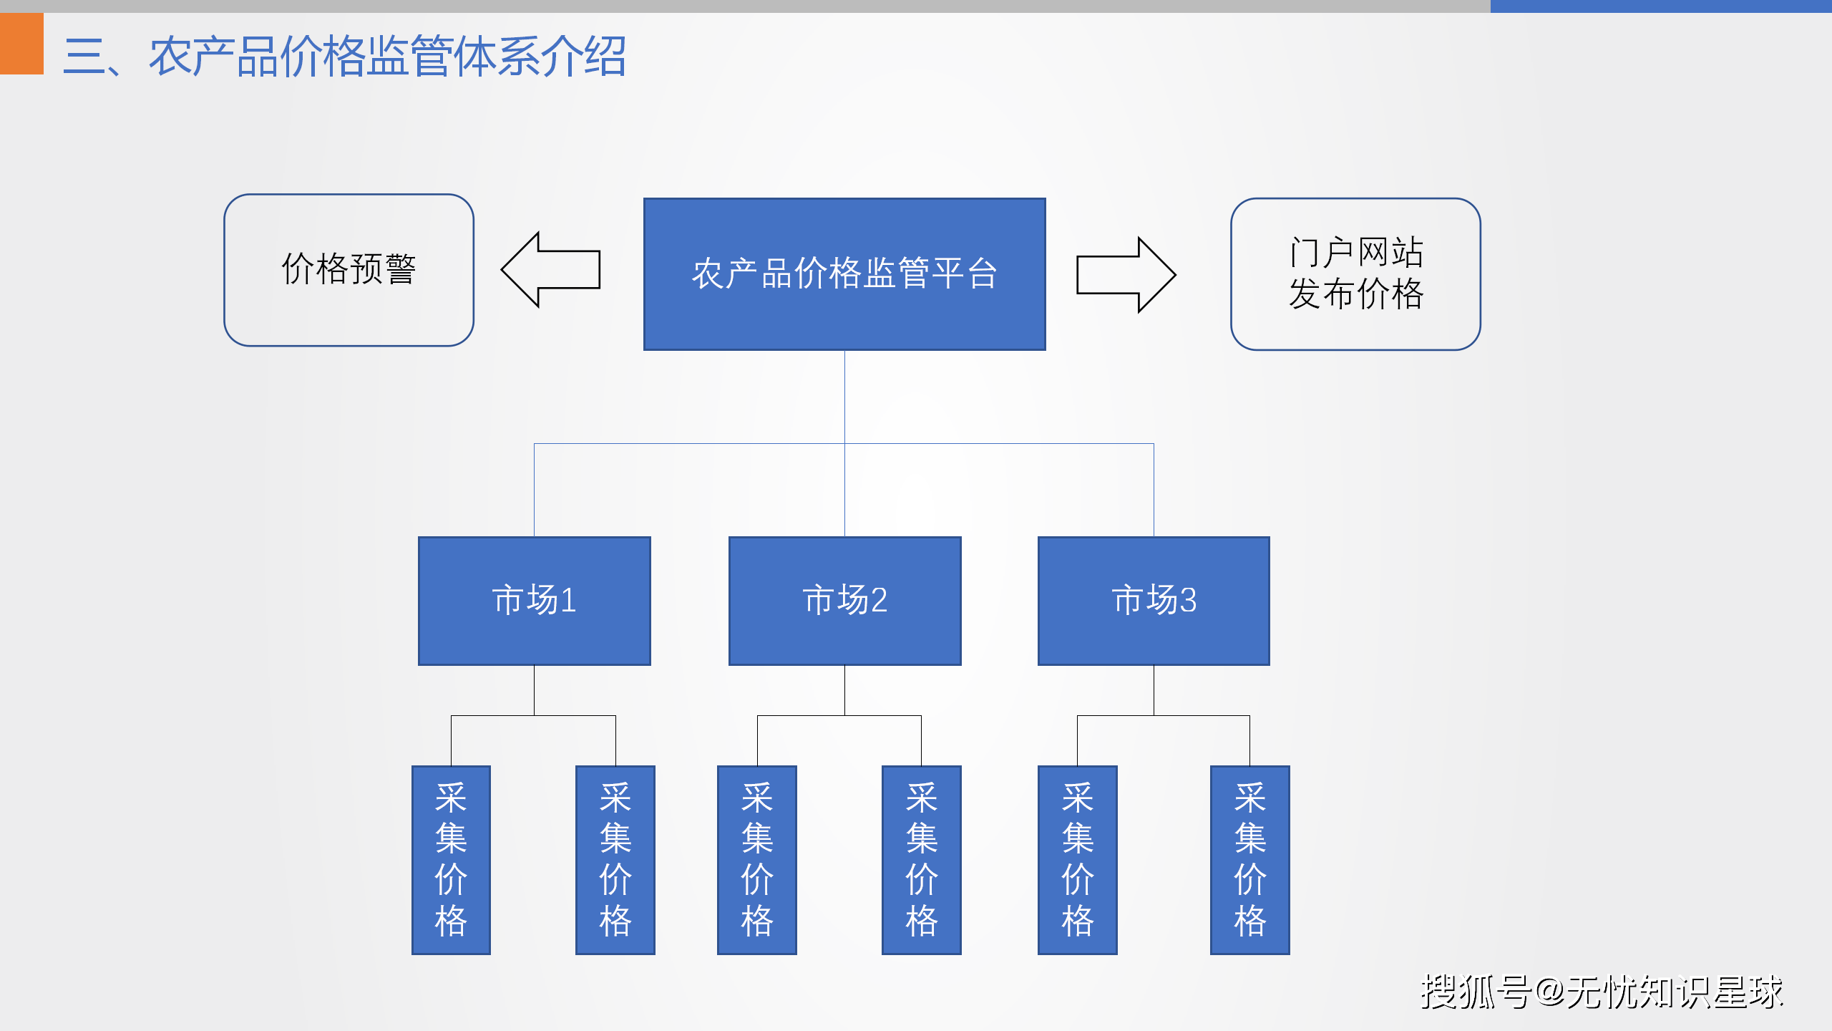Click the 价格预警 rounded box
click(x=349, y=270)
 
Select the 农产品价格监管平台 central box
click(x=844, y=274)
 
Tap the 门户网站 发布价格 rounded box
click(x=1355, y=274)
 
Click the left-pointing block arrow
click(x=551, y=269)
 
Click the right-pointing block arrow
click(x=1126, y=275)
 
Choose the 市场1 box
click(x=535, y=601)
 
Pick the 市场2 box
click(x=844, y=601)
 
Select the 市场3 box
click(x=1154, y=601)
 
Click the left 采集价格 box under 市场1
click(x=451, y=860)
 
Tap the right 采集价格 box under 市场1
click(x=615, y=860)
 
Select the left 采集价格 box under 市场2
click(x=757, y=860)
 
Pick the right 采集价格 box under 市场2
click(x=922, y=860)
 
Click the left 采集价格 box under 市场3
click(x=1078, y=860)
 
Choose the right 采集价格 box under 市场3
click(x=1250, y=860)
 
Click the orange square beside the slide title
click(x=21, y=43)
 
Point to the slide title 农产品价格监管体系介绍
click(x=388, y=57)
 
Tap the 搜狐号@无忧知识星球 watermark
click(x=1602, y=992)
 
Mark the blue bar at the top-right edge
click(x=1661, y=6)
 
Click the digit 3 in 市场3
click(x=1188, y=601)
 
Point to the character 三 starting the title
click(x=84, y=57)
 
